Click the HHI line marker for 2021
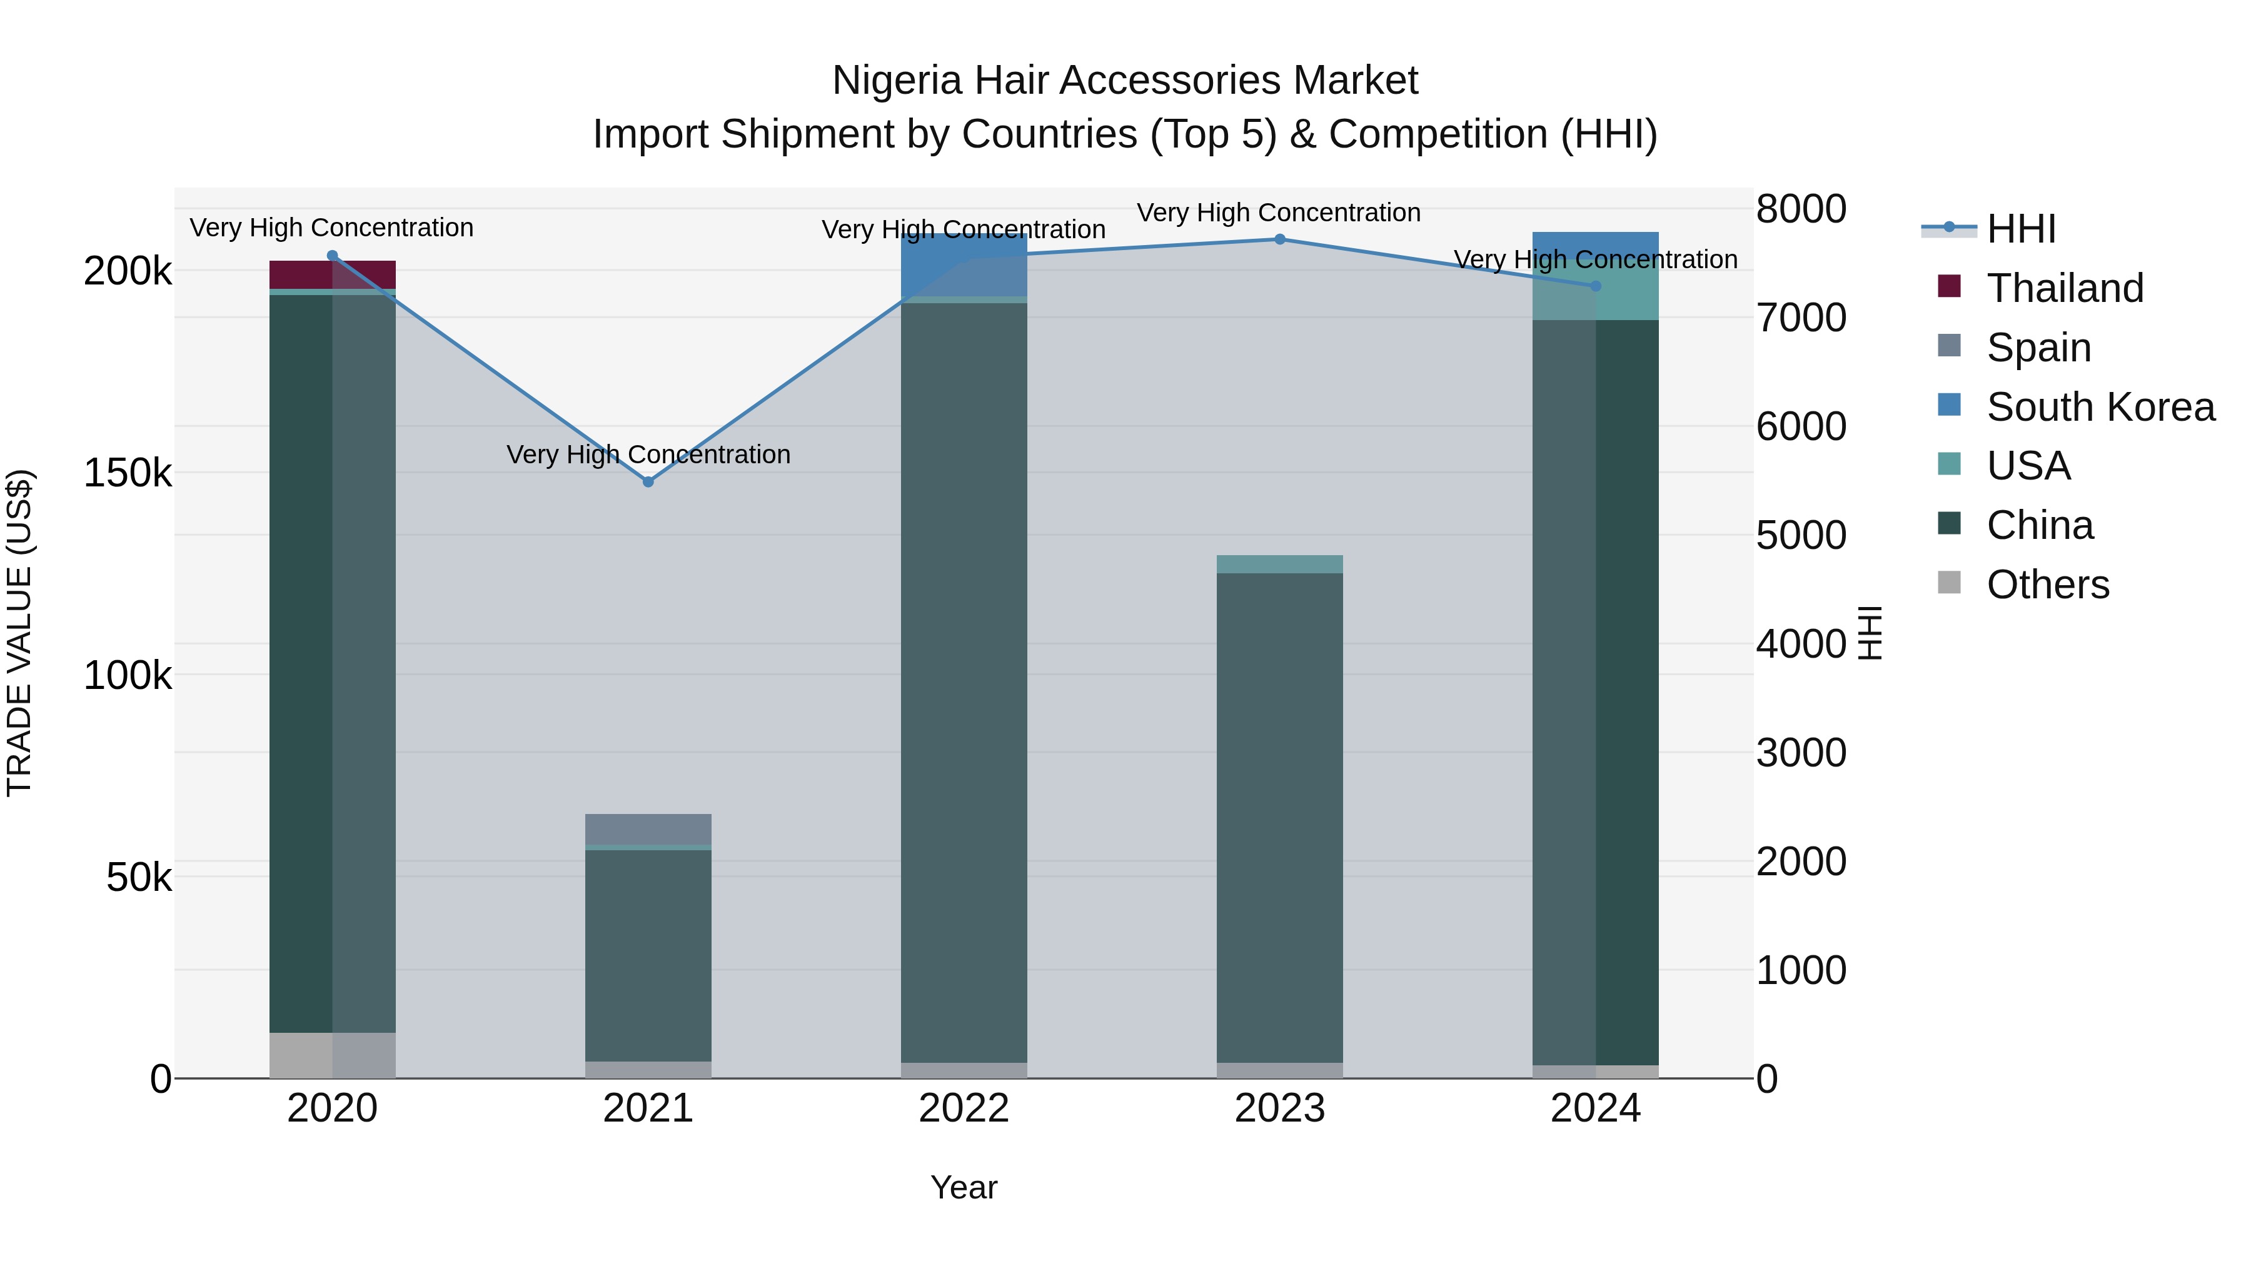(648, 481)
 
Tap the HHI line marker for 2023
(1279, 239)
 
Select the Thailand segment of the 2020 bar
(332, 274)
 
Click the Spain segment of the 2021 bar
(648, 828)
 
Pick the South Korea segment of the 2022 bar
(964, 264)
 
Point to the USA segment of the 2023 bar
(1279, 563)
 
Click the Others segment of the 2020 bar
(332, 1055)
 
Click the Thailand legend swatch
(1948, 286)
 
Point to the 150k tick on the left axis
(128, 473)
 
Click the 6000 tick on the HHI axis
(1801, 426)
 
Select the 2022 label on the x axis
(964, 1108)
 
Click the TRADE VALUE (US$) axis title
(19, 633)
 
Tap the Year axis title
(964, 1187)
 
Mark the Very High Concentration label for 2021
(648, 455)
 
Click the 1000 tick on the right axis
(1801, 970)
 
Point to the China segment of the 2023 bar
(1279, 817)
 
